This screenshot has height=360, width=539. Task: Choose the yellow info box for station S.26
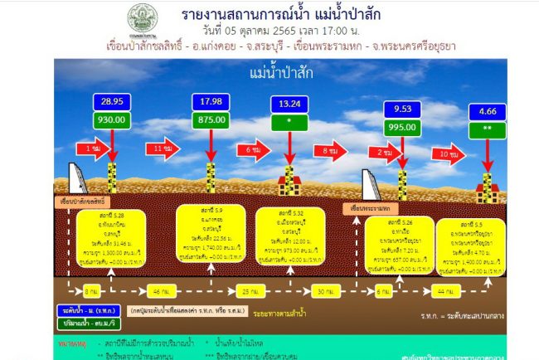[404, 246]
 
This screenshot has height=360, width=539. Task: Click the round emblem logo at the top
[141, 17]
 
